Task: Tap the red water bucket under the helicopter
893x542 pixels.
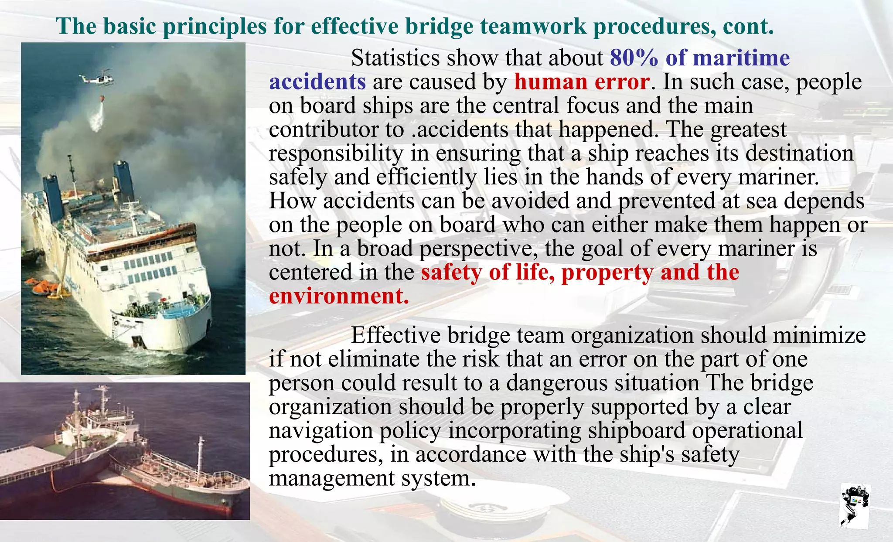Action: [x=102, y=99]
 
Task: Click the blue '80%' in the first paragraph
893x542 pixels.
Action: [x=634, y=58]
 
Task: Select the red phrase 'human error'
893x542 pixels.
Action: [x=582, y=82]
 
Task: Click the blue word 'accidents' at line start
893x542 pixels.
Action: [x=317, y=82]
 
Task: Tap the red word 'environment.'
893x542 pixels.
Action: [x=339, y=296]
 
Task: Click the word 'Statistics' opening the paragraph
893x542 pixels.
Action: [x=395, y=58]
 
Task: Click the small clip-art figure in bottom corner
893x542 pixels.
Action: [x=855, y=506]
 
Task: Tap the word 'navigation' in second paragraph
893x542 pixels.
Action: [x=320, y=430]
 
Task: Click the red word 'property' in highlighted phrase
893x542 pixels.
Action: [x=607, y=273]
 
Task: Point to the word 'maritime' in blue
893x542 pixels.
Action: [x=741, y=58]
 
